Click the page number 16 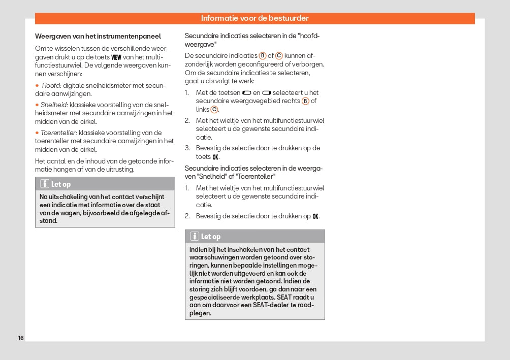click(x=21, y=338)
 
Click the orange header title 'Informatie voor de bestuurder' click(x=254, y=18)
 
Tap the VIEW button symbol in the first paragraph click(x=116, y=57)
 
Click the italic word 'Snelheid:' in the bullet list click(x=54, y=105)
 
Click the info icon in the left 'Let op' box click(x=45, y=184)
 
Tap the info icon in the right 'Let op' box click(x=195, y=236)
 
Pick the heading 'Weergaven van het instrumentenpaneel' click(x=98, y=36)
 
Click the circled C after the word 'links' click(x=214, y=109)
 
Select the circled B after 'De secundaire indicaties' click(x=263, y=55)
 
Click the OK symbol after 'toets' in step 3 click(x=215, y=157)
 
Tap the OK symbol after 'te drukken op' click(x=315, y=216)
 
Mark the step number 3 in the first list click(x=187, y=148)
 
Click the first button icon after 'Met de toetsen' click(x=247, y=92)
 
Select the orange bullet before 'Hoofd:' click(x=37, y=86)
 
